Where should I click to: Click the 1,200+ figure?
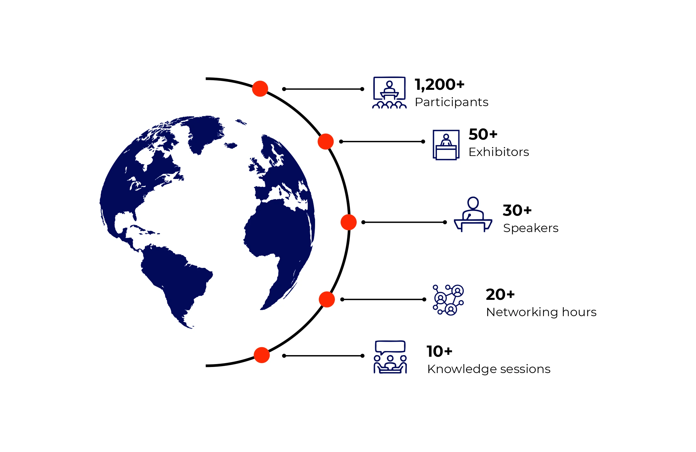439,85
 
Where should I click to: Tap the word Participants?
451,102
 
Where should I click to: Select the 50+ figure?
483,135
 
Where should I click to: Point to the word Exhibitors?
498,152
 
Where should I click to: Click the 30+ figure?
517,211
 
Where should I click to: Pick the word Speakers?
530,228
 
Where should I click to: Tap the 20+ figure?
500,295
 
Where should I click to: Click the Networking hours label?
541,312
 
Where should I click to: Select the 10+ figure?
439,352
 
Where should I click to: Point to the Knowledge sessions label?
488,369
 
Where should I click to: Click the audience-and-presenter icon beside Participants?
389,93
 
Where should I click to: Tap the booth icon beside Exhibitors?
446,145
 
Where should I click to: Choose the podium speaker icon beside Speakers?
473,214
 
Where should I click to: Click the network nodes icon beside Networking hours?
448,300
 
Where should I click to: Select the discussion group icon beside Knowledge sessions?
390,357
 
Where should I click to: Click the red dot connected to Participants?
260,89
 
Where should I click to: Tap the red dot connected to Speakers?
348,222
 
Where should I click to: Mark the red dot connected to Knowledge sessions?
262,355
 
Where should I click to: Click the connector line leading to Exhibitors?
382,142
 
